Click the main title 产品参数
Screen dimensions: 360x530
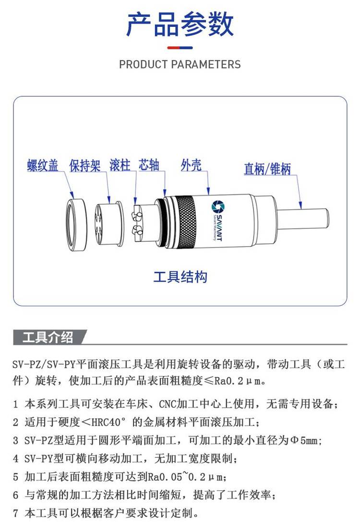[180, 24]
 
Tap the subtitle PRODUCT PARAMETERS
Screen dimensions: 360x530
[180, 64]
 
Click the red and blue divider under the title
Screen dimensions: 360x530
[180, 48]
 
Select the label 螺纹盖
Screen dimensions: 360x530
[43, 165]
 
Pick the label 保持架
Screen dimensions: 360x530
[85, 165]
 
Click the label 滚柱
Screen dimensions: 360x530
[120, 165]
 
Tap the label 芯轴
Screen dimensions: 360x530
[149, 165]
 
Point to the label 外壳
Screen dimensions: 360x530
[191, 165]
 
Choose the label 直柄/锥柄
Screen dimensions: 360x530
[267, 169]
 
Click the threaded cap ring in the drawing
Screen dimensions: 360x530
[76, 225]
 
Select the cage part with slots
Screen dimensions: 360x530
[109, 224]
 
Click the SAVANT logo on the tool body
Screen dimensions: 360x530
[217, 220]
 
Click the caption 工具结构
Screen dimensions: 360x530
[180, 277]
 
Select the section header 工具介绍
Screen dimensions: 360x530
[48, 337]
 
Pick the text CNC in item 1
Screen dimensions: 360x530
[168, 403]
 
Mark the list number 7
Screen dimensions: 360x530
[15, 513]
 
